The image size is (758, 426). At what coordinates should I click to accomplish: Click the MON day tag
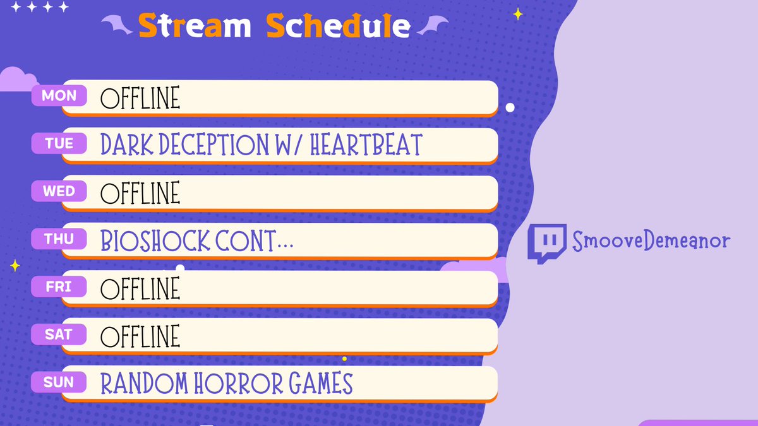coord(59,96)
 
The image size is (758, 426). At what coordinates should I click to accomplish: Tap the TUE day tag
coord(59,144)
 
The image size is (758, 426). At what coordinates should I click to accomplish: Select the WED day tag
coord(59,191)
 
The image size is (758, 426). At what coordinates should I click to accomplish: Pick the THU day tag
coord(59,239)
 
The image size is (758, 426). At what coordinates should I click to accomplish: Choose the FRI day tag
coord(59,287)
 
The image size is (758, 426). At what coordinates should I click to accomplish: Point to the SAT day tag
coord(59,334)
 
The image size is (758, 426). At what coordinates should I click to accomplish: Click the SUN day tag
coord(59,382)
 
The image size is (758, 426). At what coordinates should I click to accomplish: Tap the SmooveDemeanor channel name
coord(651,241)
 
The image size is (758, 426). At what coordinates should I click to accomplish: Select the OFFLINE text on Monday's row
coord(140,98)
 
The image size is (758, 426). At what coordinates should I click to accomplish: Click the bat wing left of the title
coord(117,26)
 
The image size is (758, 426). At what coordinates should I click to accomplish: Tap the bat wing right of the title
coord(432,26)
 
